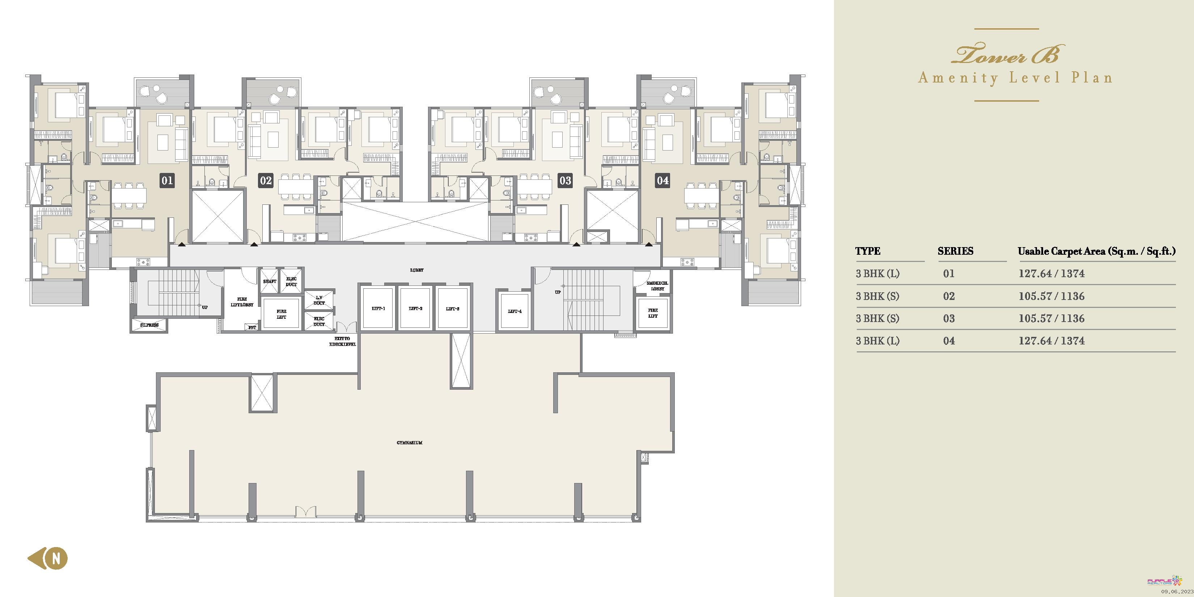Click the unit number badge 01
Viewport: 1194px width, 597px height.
(167, 180)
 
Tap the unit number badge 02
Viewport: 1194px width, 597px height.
(266, 180)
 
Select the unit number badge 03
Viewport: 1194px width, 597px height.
(565, 180)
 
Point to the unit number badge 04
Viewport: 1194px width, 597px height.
(663, 180)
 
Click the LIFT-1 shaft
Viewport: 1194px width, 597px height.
(378, 308)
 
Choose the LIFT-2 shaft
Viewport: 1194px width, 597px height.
(415, 308)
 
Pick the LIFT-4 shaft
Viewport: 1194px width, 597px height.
(515, 311)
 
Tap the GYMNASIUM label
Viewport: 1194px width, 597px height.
(409, 443)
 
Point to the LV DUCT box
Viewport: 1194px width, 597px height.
(319, 300)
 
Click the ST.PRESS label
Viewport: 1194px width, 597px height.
(149, 325)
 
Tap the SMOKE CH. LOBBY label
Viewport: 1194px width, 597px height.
(657, 286)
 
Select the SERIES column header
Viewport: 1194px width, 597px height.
(955, 251)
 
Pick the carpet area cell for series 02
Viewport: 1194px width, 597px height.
(1051, 296)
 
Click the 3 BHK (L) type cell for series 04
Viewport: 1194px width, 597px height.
(877, 341)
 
